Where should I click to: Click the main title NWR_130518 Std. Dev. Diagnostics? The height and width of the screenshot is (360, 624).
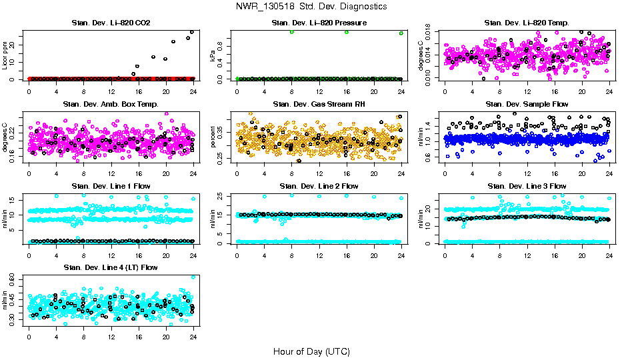311,7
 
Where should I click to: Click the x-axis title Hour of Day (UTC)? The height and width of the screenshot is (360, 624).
311,351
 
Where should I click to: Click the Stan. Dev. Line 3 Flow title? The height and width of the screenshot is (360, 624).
527,186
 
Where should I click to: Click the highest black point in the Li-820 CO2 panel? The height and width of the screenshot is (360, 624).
192,31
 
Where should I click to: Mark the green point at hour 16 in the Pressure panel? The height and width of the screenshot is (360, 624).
347,32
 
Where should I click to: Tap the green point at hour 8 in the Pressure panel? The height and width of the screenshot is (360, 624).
292,32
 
